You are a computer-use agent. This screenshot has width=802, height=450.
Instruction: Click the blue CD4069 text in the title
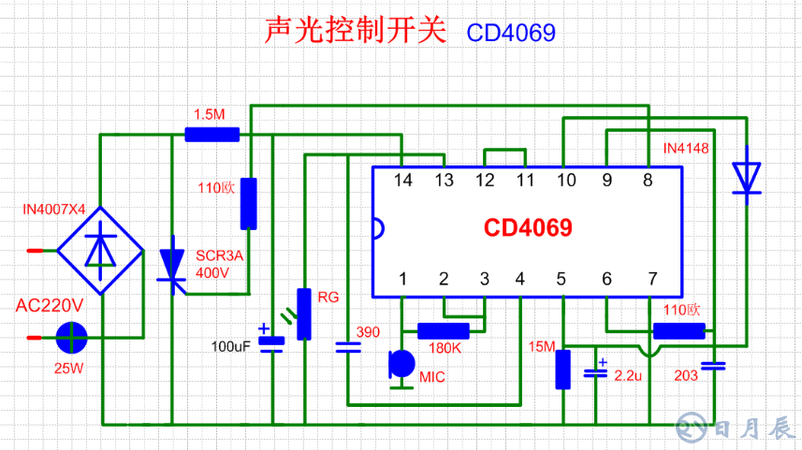click(511, 33)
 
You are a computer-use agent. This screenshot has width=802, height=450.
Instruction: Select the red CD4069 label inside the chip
click(528, 228)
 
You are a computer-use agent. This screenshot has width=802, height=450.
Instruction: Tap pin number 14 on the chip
click(402, 181)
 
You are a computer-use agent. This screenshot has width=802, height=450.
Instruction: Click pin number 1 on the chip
click(402, 279)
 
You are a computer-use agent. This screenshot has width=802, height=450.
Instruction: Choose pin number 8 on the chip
click(647, 181)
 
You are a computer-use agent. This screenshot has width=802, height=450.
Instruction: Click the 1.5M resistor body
click(211, 135)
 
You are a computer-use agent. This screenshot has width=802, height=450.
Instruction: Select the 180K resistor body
click(443, 330)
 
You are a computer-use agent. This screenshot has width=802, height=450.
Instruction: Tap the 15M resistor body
click(562, 369)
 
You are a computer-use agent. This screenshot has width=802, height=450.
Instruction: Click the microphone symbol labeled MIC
click(401, 364)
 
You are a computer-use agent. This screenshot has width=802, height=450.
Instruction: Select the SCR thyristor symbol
click(171, 265)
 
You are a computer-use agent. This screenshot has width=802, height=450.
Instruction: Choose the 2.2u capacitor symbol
click(596, 371)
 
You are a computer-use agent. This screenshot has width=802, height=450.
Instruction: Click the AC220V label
click(50, 306)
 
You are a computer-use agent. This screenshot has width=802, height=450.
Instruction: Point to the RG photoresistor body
click(303, 313)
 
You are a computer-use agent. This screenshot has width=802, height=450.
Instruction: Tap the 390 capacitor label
click(368, 331)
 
